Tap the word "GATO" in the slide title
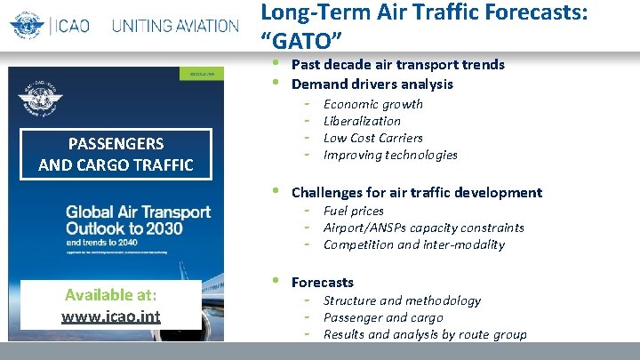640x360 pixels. (301, 38)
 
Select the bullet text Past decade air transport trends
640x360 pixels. (397, 64)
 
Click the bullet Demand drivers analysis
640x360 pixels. (372, 84)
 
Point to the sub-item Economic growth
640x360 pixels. (372, 104)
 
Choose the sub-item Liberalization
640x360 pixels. (362, 121)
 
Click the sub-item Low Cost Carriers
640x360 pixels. (372, 138)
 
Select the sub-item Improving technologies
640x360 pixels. (390, 155)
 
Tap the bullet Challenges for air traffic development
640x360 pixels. (416, 192)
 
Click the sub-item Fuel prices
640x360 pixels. (353, 211)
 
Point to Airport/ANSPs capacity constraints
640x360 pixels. (423, 228)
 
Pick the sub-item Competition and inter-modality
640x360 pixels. (413, 244)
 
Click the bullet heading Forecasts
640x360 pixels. (322, 282)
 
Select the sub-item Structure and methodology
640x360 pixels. (402, 300)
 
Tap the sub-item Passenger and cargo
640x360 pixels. (382, 317)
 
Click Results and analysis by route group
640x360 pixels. (424, 334)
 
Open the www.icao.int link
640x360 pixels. (110, 316)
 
